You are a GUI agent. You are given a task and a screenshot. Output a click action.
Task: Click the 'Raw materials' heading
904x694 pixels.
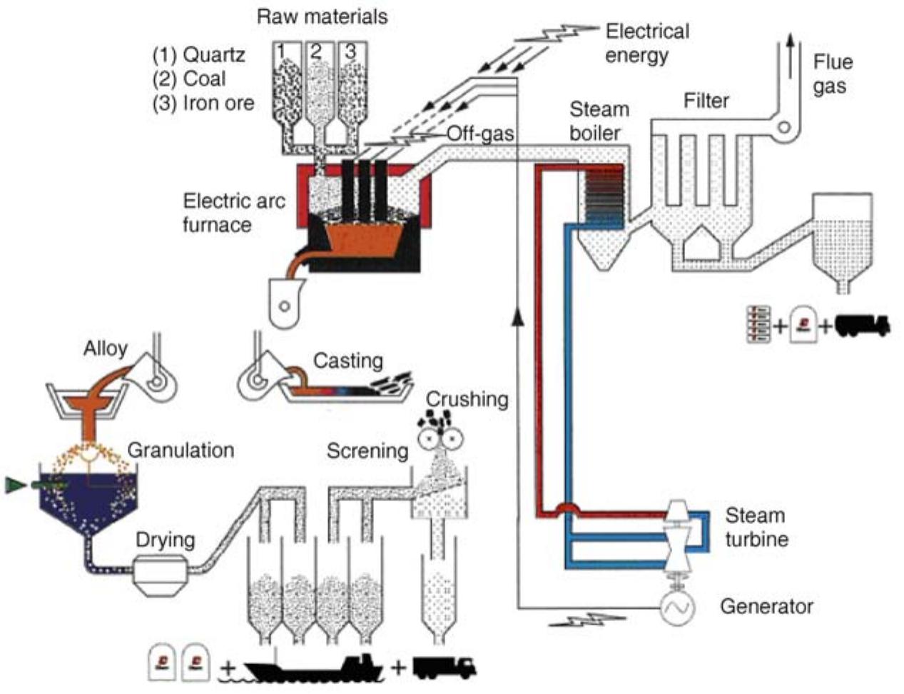pyautogui.click(x=322, y=16)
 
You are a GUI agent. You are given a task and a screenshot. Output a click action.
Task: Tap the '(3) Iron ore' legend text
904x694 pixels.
pyautogui.click(x=203, y=104)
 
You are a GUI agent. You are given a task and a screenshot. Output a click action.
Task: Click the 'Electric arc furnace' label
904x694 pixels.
pyautogui.click(x=233, y=213)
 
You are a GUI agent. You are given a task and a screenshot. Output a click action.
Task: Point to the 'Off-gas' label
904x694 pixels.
pyautogui.click(x=479, y=134)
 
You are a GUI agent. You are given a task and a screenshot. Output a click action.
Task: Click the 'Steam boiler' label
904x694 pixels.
pyautogui.click(x=599, y=121)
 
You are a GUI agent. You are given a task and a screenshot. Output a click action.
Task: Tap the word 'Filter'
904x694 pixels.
pyautogui.click(x=706, y=101)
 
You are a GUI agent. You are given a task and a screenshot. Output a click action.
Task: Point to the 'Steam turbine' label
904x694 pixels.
pyautogui.click(x=756, y=527)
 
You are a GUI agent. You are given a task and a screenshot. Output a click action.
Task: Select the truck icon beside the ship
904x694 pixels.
pyautogui.click(x=444, y=667)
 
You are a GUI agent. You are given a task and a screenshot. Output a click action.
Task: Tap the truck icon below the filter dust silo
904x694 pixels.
pyautogui.click(x=862, y=326)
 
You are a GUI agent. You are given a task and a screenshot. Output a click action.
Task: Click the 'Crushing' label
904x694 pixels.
pyautogui.click(x=467, y=399)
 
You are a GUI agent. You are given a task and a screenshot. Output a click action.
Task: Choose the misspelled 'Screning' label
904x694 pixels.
pyautogui.click(x=367, y=451)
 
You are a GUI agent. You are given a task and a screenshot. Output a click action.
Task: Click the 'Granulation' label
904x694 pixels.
pyautogui.click(x=181, y=450)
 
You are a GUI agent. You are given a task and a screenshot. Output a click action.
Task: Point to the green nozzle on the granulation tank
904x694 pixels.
pyautogui.click(x=16, y=486)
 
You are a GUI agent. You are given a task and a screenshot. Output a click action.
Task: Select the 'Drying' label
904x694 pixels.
pyautogui.click(x=165, y=540)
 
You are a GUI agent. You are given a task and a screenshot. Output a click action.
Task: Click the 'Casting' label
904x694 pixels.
pyautogui.click(x=347, y=361)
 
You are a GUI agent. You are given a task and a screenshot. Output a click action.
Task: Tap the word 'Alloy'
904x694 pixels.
pyautogui.click(x=105, y=348)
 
